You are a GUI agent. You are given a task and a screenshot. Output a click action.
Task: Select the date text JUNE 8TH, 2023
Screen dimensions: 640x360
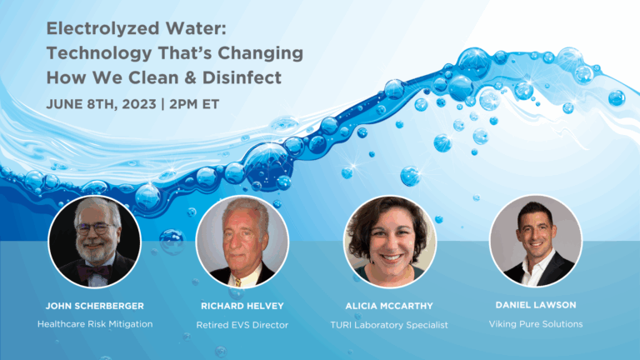coord(101,104)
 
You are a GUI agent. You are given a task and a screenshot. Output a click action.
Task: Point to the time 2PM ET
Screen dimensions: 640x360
coord(194,104)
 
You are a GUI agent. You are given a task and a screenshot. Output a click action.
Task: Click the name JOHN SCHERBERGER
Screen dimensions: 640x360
coord(95,306)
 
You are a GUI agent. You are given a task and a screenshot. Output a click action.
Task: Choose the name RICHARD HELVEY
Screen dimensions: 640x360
coord(242,306)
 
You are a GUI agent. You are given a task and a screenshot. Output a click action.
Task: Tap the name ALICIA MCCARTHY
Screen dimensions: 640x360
coord(389,306)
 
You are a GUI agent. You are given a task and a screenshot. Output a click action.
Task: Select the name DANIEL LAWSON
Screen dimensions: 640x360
coord(536,305)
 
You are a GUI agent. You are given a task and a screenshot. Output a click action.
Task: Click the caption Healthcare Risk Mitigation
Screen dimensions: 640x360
coord(95,324)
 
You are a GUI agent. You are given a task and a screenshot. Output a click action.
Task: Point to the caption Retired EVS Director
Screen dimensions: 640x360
coord(242,325)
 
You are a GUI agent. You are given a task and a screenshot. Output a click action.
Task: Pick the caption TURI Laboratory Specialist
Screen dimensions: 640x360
coord(389,325)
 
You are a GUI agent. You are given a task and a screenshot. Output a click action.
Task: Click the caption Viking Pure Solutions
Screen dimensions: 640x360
coord(536,324)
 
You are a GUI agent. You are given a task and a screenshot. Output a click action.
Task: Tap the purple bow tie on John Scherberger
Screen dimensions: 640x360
coord(95,272)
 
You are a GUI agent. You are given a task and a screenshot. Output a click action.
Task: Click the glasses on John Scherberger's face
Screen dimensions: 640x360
coord(95,228)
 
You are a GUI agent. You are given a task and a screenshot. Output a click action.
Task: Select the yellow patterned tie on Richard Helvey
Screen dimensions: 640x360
coord(238,282)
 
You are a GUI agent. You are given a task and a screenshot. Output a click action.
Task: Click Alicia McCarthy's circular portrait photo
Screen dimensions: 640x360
coord(390,242)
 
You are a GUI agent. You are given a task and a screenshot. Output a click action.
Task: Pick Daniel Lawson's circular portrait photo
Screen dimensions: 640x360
coord(536,241)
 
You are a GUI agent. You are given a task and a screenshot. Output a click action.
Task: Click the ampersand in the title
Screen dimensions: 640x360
coord(190,77)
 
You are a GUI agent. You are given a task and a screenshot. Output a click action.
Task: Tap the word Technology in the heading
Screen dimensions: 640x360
coord(99,54)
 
